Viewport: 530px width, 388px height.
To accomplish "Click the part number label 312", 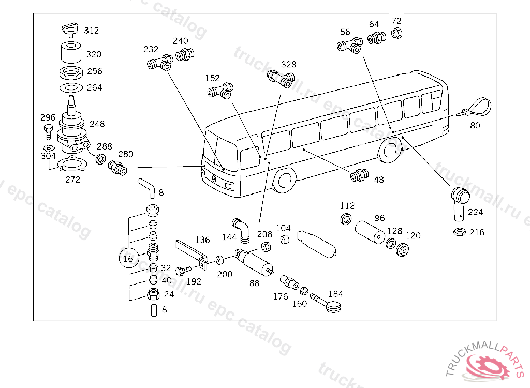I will (x=91, y=31).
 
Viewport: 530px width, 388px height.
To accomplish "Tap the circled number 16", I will (x=128, y=258).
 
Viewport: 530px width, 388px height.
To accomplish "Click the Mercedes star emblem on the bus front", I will (x=214, y=179).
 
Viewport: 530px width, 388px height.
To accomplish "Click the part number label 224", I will (x=475, y=212).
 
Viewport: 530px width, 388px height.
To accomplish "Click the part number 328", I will (x=289, y=65).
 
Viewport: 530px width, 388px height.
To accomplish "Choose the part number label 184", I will (x=335, y=294).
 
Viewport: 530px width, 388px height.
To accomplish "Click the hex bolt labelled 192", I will (x=183, y=270).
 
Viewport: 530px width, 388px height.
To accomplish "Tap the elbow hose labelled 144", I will (x=242, y=228).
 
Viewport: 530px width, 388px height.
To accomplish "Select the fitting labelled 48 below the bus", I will (x=358, y=175).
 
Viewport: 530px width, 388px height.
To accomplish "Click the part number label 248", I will (x=96, y=124).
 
